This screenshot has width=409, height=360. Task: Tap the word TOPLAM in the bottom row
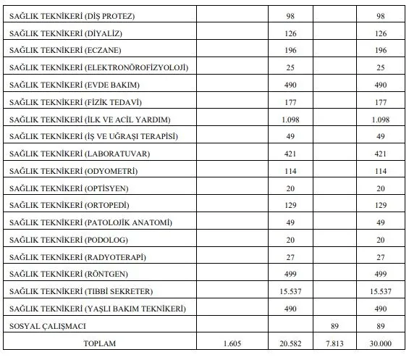pos(102,343)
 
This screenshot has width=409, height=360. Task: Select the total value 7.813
pos(333,343)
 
